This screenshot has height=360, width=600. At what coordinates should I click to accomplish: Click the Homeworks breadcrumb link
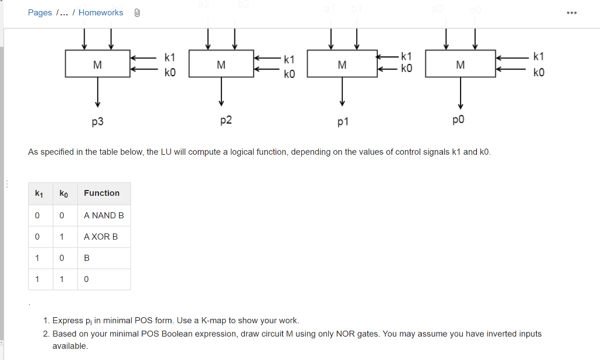101,12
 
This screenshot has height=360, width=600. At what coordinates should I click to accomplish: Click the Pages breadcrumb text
40,12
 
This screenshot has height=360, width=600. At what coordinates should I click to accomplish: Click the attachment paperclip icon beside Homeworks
137,12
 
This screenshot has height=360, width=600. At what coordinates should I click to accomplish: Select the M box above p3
97,64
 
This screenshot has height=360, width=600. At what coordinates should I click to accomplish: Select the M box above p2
221,64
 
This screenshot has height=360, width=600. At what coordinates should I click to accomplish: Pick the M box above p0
461,64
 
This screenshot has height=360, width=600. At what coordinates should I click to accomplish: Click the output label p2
226,120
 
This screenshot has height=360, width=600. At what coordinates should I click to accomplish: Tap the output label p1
343,122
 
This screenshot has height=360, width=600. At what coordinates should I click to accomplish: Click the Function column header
101,193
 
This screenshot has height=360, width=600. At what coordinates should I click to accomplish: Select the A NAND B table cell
104,215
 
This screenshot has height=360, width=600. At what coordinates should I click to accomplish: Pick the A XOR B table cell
101,236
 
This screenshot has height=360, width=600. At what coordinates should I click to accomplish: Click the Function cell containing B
87,258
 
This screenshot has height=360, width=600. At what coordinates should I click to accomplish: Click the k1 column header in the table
39,193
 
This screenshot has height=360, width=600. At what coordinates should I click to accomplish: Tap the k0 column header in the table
64,193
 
